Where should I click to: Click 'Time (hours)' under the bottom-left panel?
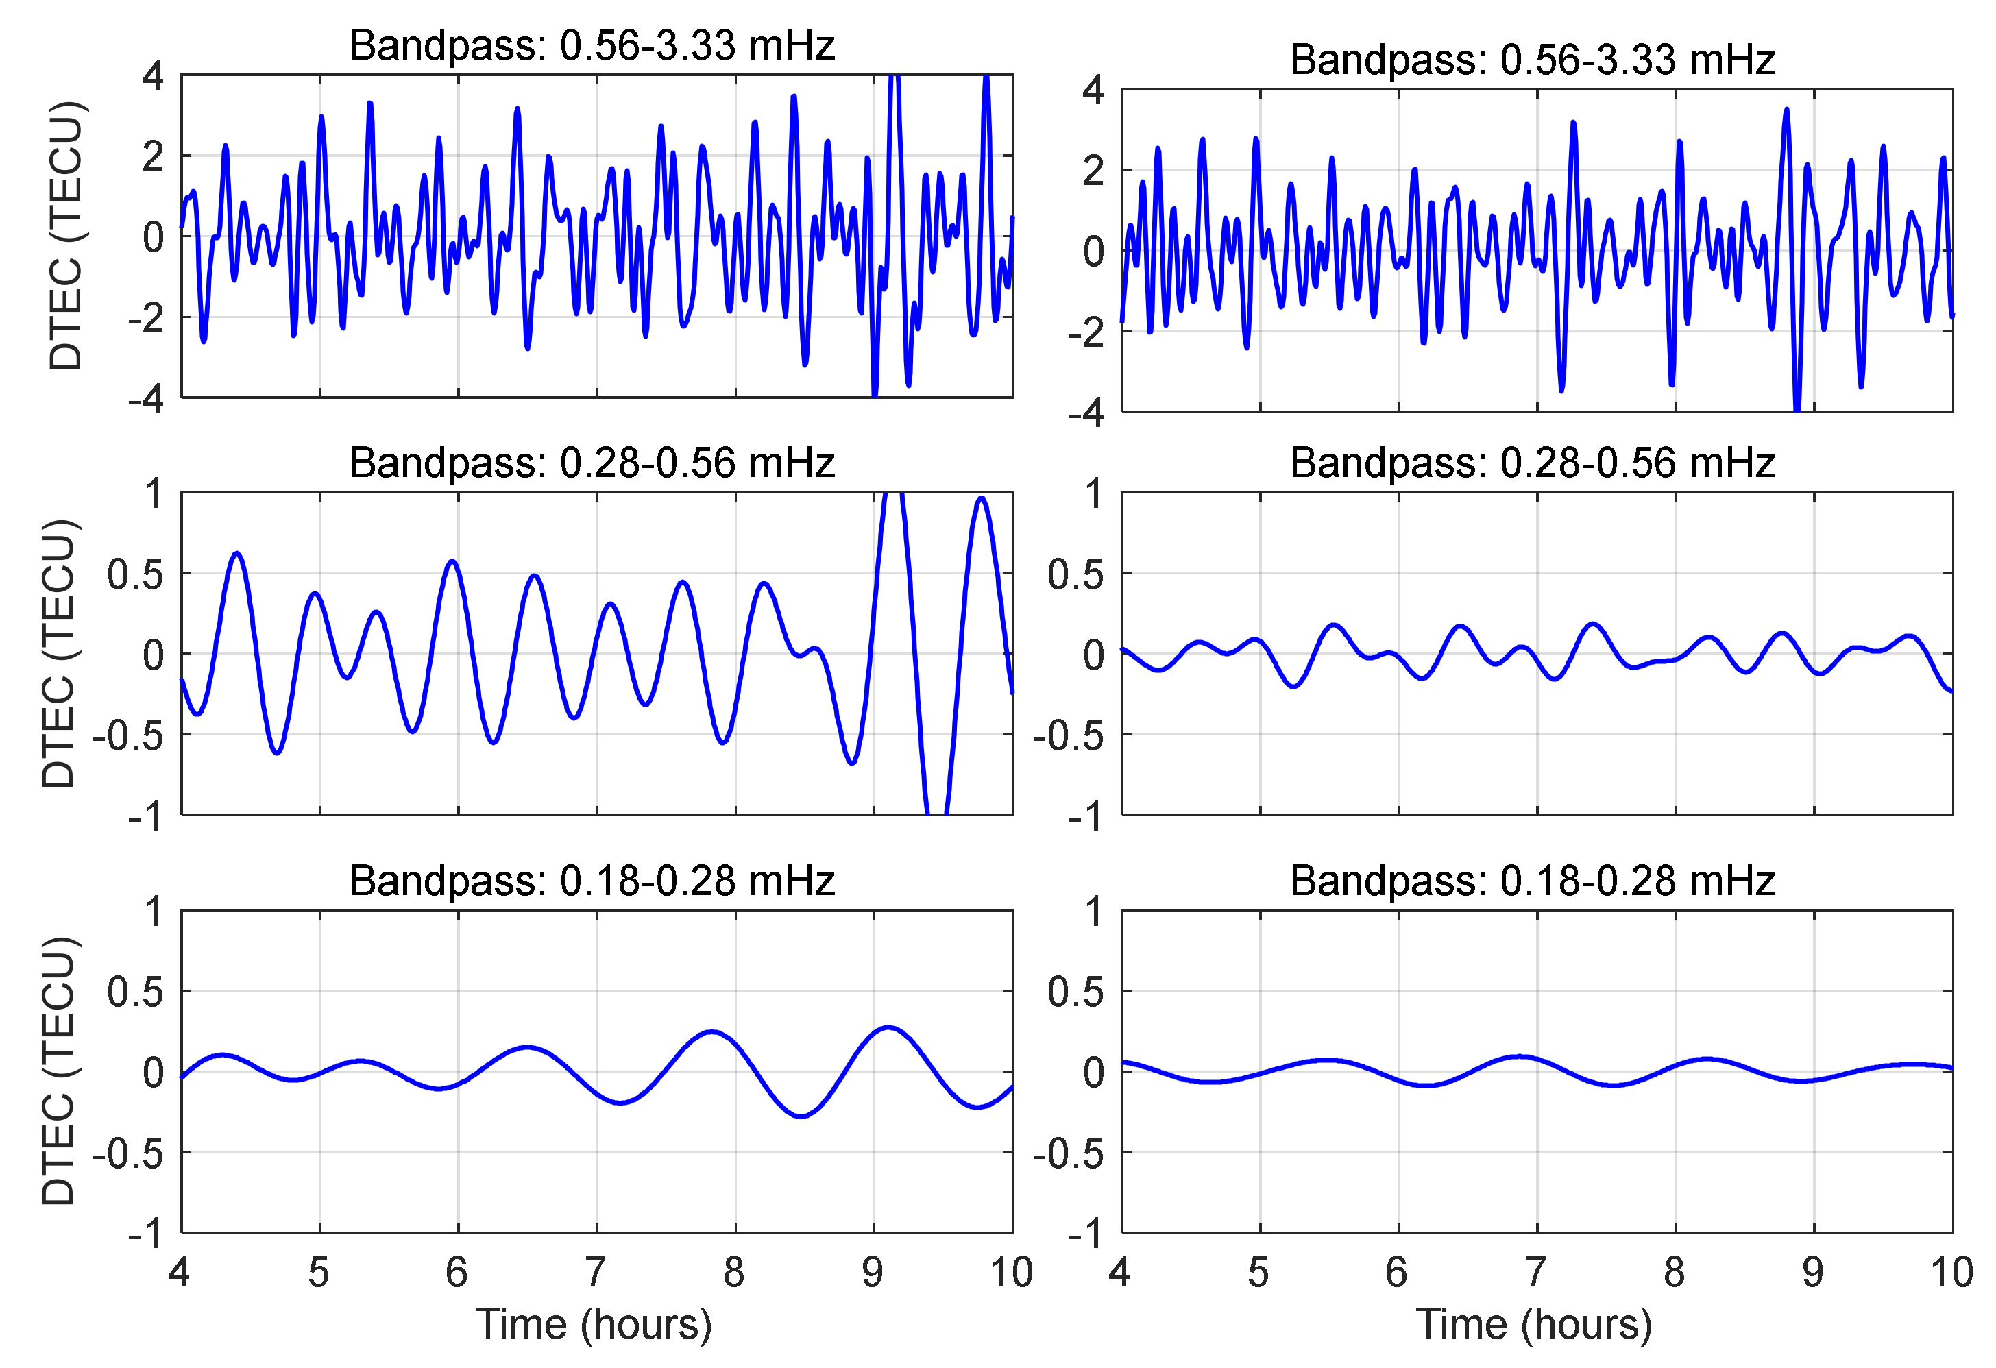coord(594,1323)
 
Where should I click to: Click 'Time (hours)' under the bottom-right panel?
coord(1534,1323)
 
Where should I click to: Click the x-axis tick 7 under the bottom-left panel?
coord(595,1272)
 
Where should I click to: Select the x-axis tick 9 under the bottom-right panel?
coord(1812,1272)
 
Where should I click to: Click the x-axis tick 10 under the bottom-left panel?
coord(1011,1272)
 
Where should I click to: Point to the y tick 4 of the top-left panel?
coord(153,77)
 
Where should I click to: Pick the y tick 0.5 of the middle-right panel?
coord(1075,574)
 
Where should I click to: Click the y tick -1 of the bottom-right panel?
coord(1086,1235)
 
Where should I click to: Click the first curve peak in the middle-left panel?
coord(237,553)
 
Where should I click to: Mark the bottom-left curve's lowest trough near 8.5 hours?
coord(801,1116)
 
